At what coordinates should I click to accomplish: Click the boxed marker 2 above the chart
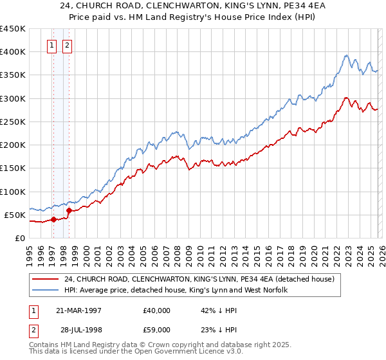pyautogui.click(x=68, y=45)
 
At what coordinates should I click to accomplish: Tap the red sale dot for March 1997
pyautogui.click(x=54, y=219)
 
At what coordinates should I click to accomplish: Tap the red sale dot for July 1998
pyautogui.click(x=69, y=210)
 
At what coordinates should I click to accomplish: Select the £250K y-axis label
pyautogui.click(x=12, y=122)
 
